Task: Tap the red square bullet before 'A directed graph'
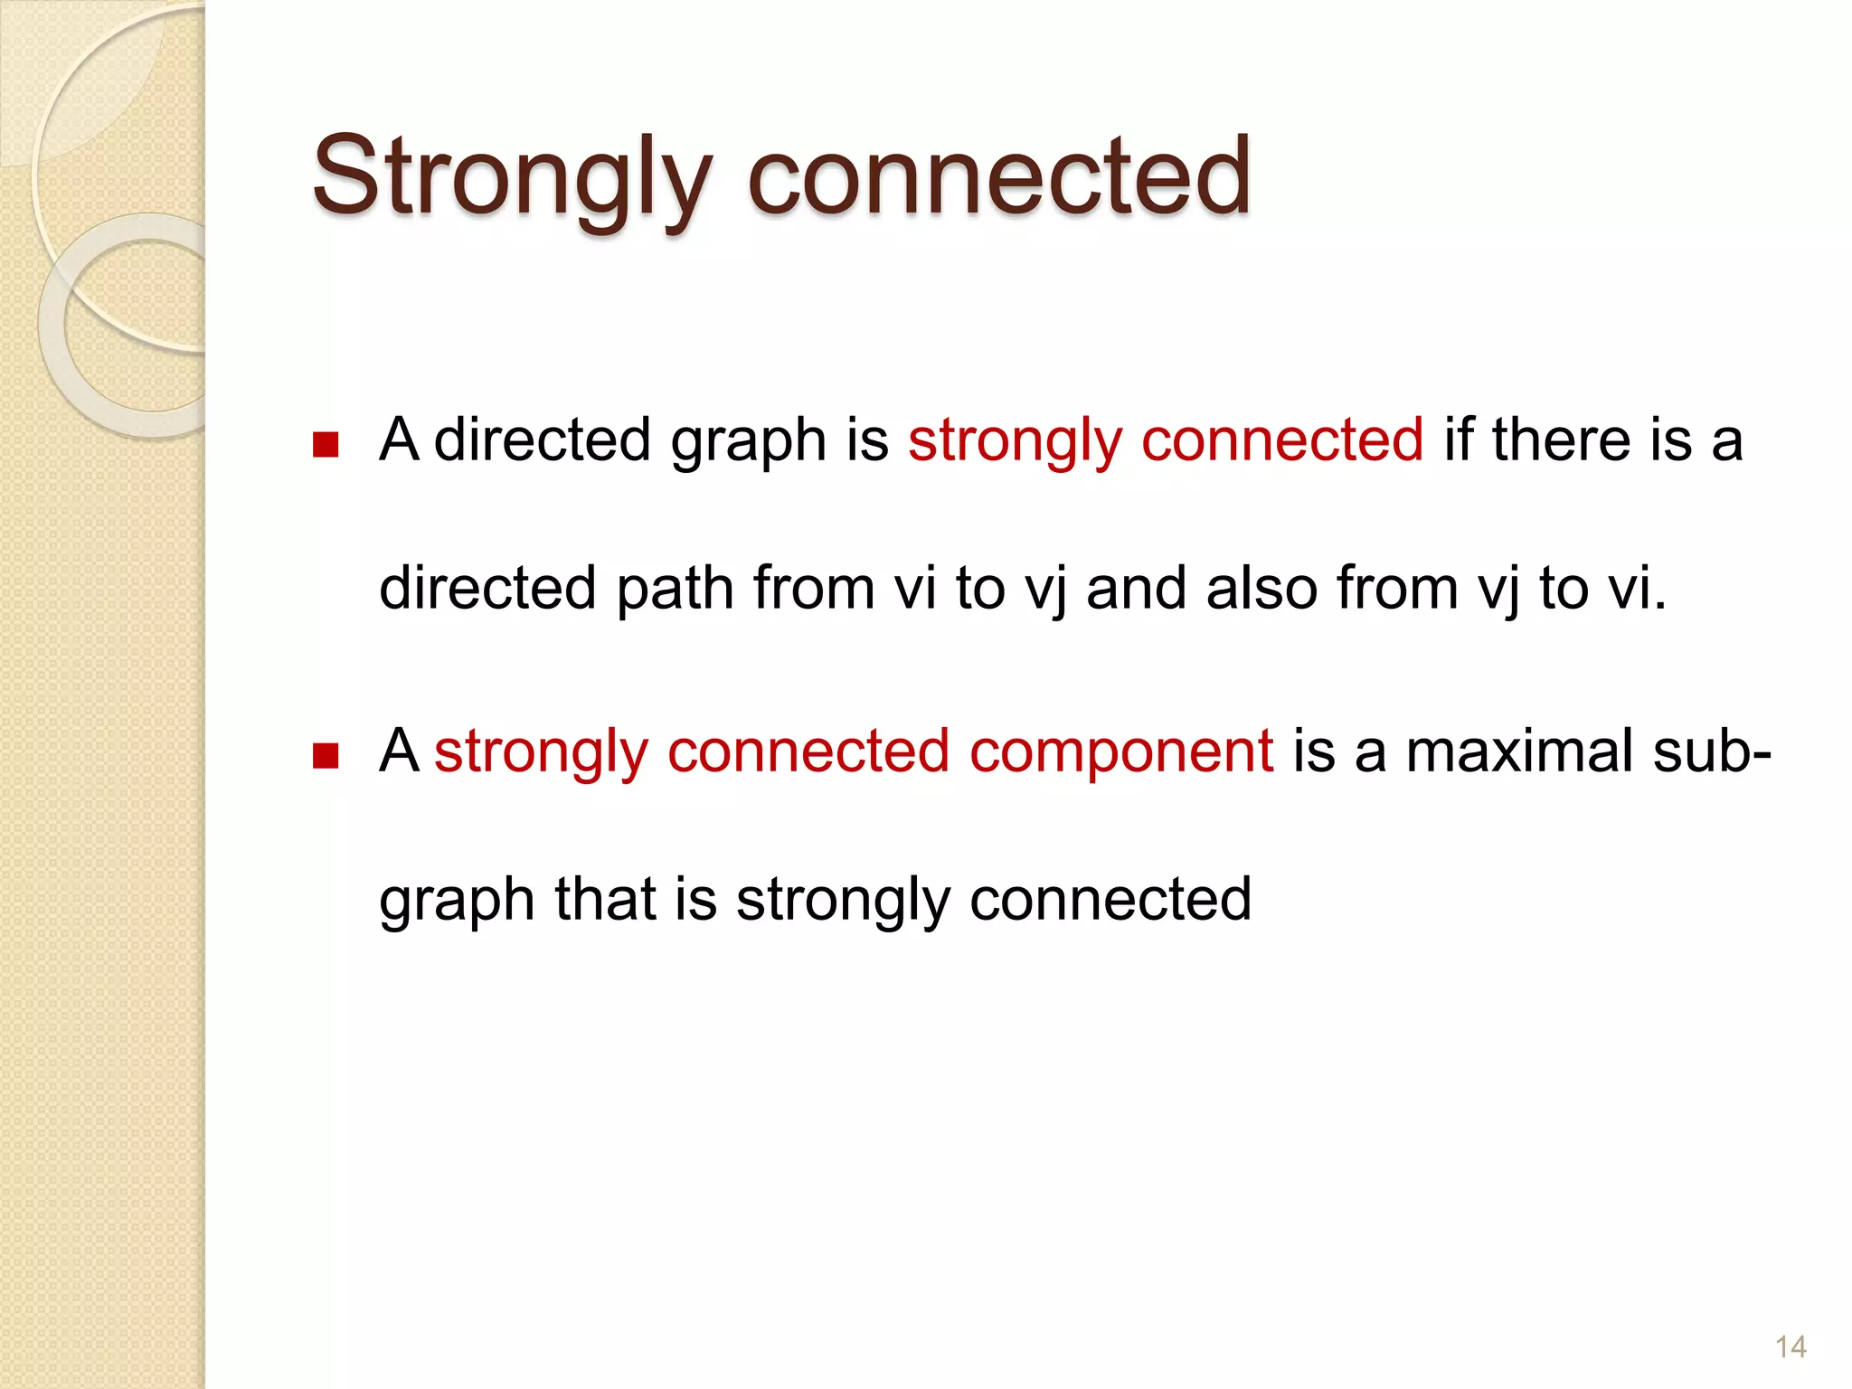tap(325, 445)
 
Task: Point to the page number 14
tap(1791, 1347)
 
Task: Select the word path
tap(674, 590)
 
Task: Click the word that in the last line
tap(605, 901)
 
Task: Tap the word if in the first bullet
tap(1457, 441)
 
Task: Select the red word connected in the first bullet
tap(1282, 441)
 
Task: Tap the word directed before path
tap(487, 590)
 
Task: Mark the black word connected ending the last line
tap(1110, 901)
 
